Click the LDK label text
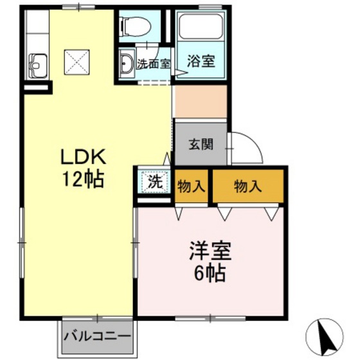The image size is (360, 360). pos(83,157)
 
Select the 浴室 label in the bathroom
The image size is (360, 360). pos(201,61)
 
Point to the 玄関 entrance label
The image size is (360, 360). pos(201,145)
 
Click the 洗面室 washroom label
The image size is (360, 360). pos(154,64)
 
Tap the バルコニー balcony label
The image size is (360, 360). pos(97,337)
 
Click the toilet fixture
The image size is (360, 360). pos(136,27)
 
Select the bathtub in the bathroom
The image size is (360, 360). pos(201,26)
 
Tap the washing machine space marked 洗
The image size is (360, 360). pos(155,181)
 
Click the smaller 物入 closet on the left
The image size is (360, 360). pos(192,186)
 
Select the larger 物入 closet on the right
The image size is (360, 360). pos(248,186)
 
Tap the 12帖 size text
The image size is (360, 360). pos(83,179)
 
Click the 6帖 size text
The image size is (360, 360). pos(210,273)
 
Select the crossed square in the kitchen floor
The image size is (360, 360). pos(76,62)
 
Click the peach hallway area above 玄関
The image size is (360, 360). pos(201,102)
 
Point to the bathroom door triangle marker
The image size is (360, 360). pos(181,73)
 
